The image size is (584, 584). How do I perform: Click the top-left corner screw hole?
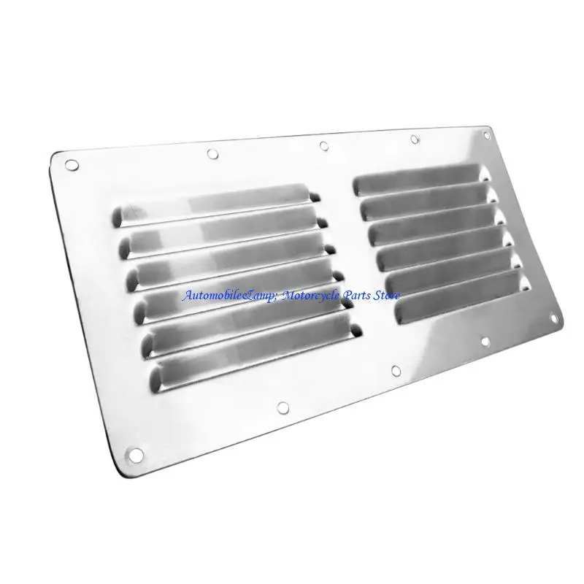point(72,165)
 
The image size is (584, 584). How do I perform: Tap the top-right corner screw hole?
point(486,135)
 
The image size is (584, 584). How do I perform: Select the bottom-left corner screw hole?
point(135,455)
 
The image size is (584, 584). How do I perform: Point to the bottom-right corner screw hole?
point(554,318)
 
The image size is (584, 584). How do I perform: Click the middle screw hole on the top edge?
point(324,145)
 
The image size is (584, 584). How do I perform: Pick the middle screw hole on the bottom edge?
point(396,371)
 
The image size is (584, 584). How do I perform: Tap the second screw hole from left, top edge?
point(212,153)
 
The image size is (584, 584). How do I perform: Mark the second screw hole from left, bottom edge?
point(283,408)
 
